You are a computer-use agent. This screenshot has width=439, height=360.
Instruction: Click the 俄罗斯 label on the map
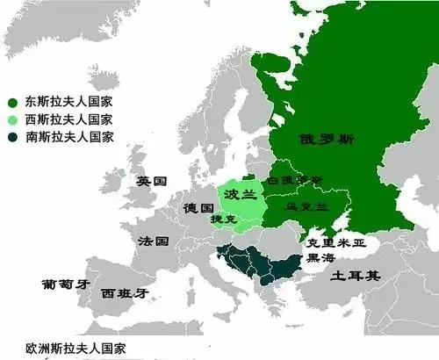click(319, 139)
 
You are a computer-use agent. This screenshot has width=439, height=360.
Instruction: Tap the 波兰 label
click(233, 194)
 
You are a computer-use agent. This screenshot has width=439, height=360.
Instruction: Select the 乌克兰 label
click(306, 207)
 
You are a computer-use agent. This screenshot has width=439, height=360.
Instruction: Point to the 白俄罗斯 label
click(297, 179)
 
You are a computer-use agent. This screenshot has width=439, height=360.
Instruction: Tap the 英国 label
click(151, 181)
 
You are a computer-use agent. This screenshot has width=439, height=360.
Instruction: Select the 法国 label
click(155, 239)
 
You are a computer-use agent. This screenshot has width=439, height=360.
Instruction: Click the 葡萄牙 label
click(66, 284)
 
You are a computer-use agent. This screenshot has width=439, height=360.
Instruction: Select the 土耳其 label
click(356, 276)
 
